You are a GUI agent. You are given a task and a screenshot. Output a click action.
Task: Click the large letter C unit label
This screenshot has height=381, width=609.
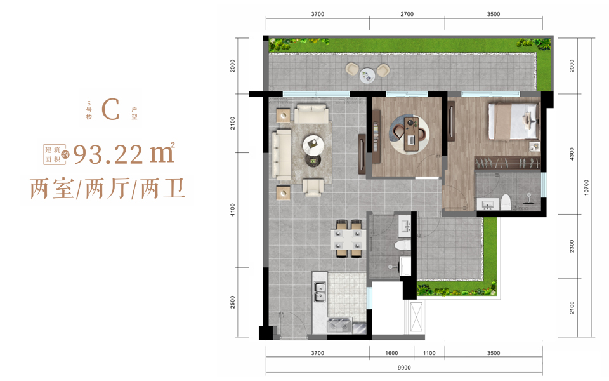pos(110,109)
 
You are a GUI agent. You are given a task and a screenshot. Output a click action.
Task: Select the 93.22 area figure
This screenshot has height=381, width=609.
pos(108,154)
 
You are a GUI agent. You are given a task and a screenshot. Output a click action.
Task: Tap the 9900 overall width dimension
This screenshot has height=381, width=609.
pos(404,368)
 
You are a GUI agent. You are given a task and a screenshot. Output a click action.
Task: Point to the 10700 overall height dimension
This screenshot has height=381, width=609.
pos(586,187)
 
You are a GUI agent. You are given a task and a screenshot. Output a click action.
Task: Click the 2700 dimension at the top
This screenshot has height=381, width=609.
pos(407,14)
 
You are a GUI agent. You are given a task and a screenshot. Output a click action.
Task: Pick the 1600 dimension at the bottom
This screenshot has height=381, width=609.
pos(391,353)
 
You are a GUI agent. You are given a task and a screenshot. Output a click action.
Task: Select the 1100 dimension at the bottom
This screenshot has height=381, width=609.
pos(429,353)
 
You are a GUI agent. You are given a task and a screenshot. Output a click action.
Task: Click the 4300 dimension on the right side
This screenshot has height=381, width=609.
pos(572,154)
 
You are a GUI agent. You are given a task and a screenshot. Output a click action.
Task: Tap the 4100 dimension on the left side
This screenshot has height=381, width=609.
pos(232,210)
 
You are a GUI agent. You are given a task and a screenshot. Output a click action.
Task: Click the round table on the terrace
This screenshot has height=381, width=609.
pos(367,75)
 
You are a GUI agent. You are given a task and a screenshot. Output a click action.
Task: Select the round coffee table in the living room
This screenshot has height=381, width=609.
pos(313,145)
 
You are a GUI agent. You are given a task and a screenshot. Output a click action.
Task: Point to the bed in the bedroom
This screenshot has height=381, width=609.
pos(514,121)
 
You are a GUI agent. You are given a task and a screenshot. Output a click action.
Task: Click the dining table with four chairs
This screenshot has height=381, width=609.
pos(348,239)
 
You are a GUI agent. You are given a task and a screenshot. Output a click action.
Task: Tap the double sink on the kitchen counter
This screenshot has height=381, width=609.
pos(320,292)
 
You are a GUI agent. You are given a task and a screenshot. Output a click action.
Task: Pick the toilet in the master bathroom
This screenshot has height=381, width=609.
pos(506,202)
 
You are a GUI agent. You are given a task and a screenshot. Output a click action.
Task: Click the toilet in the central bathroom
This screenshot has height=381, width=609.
pos(402,246)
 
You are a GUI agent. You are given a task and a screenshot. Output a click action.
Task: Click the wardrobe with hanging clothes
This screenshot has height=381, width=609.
pos(507,163)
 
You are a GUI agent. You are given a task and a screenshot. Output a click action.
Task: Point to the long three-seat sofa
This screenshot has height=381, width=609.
pos(282,155)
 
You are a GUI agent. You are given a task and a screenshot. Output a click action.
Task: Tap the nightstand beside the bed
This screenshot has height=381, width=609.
pos(534,147)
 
